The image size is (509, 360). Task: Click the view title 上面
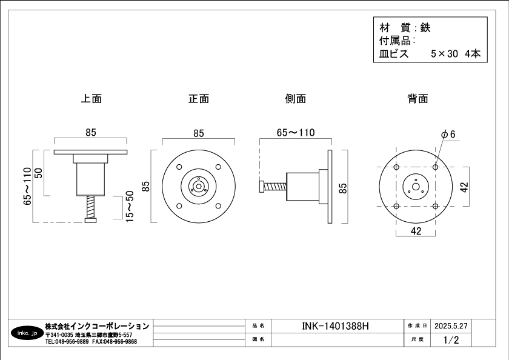click(91, 98)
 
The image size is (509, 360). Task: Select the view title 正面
click(198, 98)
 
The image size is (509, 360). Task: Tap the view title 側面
click(295, 98)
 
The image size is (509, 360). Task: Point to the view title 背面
click(418, 98)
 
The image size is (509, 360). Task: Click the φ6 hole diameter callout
click(448, 134)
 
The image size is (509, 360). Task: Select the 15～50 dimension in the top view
click(130, 207)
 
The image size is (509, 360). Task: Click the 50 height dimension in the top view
click(38, 172)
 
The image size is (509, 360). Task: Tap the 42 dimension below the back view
click(416, 231)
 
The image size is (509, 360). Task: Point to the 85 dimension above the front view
click(198, 133)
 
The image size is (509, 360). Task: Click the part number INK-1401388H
click(335, 326)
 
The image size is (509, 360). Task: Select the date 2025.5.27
click(451, 325)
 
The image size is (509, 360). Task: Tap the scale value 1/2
click(451, 340)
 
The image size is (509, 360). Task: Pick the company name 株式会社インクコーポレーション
click(97, 326)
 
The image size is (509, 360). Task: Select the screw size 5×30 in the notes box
click(444, 54)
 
